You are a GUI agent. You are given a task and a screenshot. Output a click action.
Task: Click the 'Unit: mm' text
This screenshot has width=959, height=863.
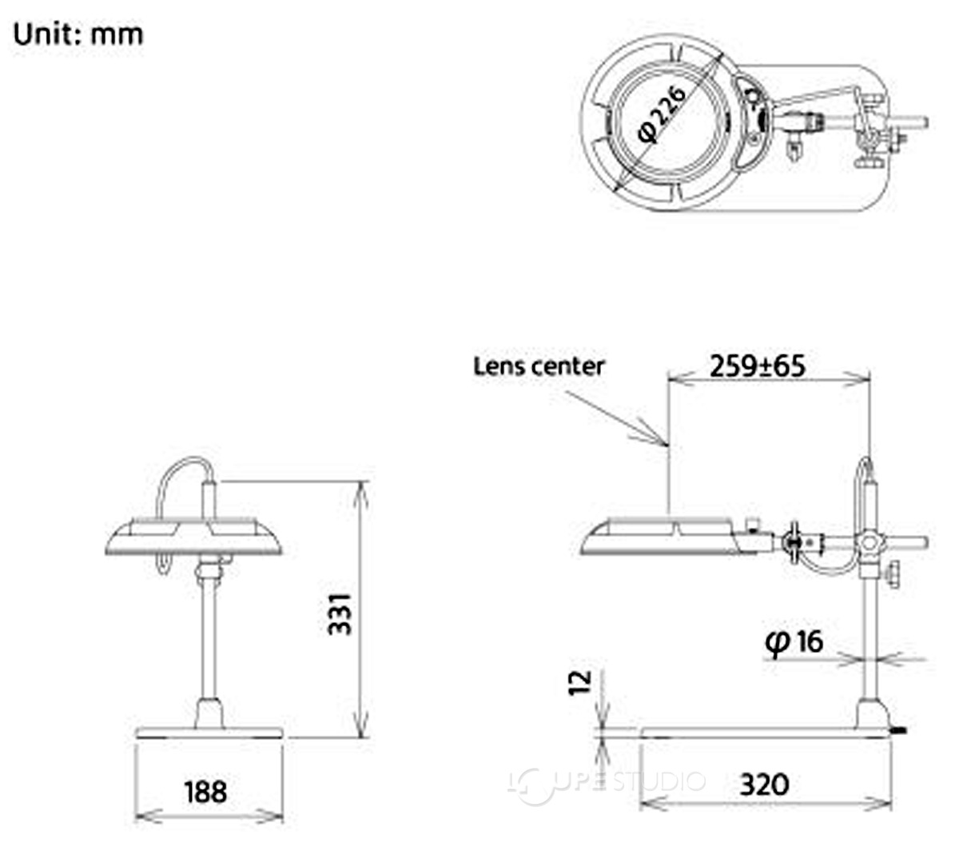click(78, 34)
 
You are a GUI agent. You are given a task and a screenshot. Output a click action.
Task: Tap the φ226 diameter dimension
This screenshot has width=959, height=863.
click(663, 115)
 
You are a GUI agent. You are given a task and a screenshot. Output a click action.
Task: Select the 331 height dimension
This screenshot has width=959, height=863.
click(340, 614)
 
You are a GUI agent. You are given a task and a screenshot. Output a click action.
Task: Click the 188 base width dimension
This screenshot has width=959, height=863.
click(205, 791)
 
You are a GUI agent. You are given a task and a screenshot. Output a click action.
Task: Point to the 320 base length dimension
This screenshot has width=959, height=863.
click(764, 785)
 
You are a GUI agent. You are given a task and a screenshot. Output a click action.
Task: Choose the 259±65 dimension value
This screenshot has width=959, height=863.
click(758, 366)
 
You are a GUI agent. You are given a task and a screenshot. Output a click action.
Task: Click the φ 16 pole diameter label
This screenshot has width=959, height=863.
click(794, 642)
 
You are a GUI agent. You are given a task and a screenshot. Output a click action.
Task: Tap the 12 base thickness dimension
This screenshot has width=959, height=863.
click(579, 682)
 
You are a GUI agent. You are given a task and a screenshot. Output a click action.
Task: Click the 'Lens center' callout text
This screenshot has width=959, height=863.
click(539, 366)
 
